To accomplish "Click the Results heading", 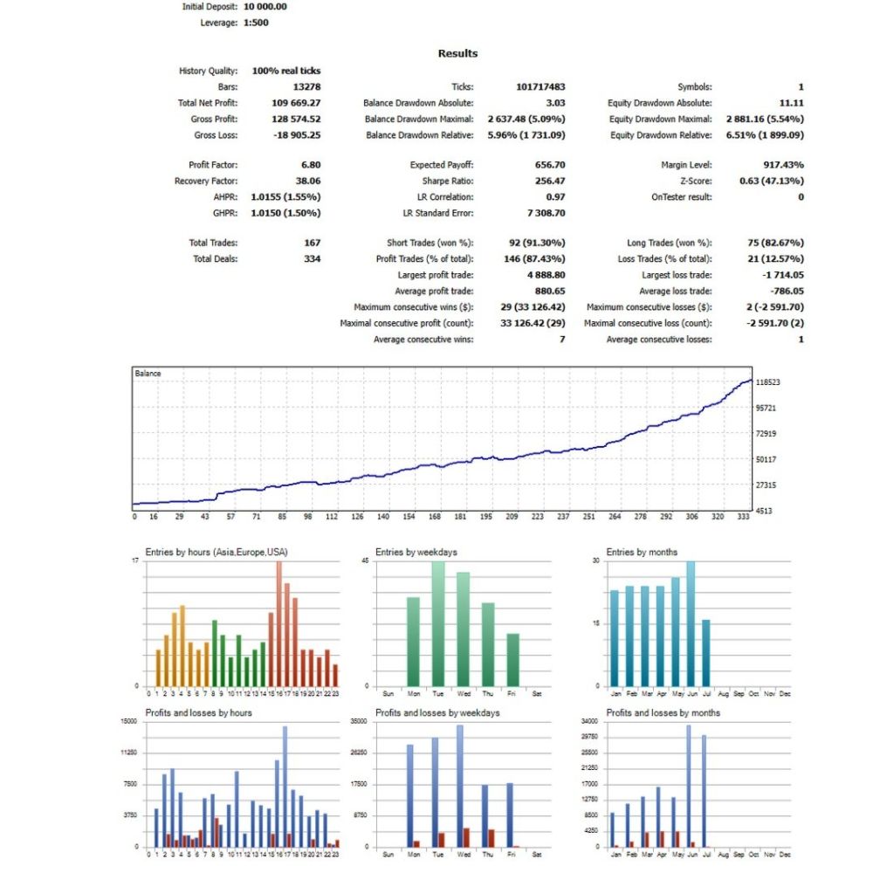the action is [x=457, y=53].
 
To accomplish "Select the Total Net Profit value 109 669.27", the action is [x=296, y=103].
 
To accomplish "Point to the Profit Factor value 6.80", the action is [x=311, y=165].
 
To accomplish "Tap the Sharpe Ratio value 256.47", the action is [x=549, y=181].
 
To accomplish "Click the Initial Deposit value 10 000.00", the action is [x=265, y=7].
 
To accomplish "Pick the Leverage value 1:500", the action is [x=256, y=23].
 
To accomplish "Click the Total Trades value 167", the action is [x=312, y=243].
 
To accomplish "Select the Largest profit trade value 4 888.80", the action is [x=546, y=275].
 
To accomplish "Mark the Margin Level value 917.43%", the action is [x=783, y=165].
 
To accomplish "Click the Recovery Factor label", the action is [x=205, y=181].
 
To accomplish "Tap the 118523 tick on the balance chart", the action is [x=767, y=382].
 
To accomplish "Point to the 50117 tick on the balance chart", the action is [x=766, y=459].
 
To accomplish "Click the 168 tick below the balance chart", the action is [x=434, y=517].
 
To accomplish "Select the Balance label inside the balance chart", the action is [x=148, y=374].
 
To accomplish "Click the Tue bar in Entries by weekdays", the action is [x=438, y=623].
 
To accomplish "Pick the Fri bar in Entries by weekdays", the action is [x=512, y=660].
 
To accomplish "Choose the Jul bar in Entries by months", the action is [x=706, y=653].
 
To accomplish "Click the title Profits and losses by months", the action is [x=663, y=712].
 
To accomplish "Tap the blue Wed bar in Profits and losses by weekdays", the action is [x=460, y=786].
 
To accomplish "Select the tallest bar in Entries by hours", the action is [x=279, y=623].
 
